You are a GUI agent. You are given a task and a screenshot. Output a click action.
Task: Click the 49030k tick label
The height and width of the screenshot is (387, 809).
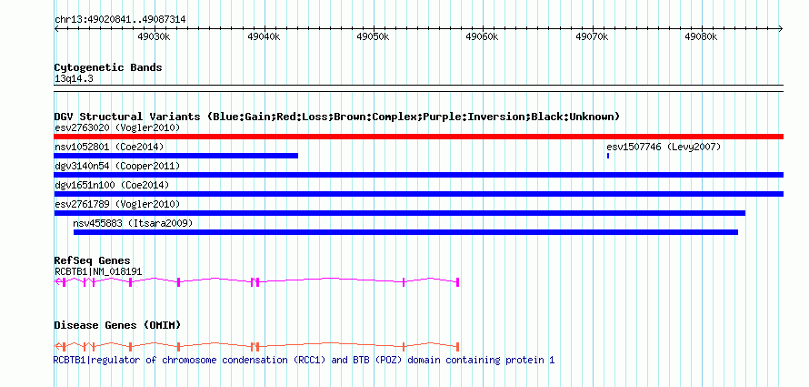tap(154, 36)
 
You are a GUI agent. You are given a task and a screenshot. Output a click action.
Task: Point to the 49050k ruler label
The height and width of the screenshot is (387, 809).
tap(373, 36)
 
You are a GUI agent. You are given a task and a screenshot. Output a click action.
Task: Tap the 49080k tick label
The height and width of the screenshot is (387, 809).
tap(701, 36)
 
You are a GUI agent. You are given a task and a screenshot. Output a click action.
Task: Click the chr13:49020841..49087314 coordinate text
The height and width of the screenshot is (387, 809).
tap(120, 20)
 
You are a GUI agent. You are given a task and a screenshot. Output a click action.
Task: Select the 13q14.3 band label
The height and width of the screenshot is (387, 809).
tap(74, 79)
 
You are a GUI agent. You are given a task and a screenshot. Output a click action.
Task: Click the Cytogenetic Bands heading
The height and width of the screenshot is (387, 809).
tap(108, 67)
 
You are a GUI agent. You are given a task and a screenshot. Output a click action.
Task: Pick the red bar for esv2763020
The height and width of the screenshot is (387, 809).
tap(418, 137)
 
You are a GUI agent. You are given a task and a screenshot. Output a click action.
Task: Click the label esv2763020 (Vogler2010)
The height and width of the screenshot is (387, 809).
tap(117, 127)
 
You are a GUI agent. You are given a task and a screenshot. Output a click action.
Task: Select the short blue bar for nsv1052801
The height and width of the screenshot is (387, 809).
tap(176, 156)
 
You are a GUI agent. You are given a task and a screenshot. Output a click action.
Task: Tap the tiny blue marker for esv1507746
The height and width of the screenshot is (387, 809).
tap(608, 156)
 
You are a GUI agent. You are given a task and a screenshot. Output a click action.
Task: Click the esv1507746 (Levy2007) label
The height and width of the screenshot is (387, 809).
tap(664, 148)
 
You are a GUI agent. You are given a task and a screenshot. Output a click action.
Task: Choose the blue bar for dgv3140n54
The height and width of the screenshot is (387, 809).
tap(418, 175)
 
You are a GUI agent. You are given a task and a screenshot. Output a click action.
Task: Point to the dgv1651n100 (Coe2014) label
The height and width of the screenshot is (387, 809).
tap(112, 185)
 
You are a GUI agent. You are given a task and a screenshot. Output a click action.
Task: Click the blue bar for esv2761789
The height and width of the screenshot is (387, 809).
tap(399, 213)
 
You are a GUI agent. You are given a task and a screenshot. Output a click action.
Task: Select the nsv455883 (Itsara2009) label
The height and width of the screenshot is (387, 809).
tap(133, 223)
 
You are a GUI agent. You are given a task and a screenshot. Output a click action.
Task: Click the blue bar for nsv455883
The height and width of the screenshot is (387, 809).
tap(405, 232)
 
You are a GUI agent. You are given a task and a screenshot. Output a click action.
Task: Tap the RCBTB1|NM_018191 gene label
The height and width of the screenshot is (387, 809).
tap(98, 271)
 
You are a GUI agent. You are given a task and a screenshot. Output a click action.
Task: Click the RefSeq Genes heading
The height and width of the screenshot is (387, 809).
tap(93, 261)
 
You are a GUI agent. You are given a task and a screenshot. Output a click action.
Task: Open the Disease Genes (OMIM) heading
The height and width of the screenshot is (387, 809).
tap(117, 325)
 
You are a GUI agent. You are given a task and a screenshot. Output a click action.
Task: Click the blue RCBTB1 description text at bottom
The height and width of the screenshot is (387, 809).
tap(304, 360)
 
